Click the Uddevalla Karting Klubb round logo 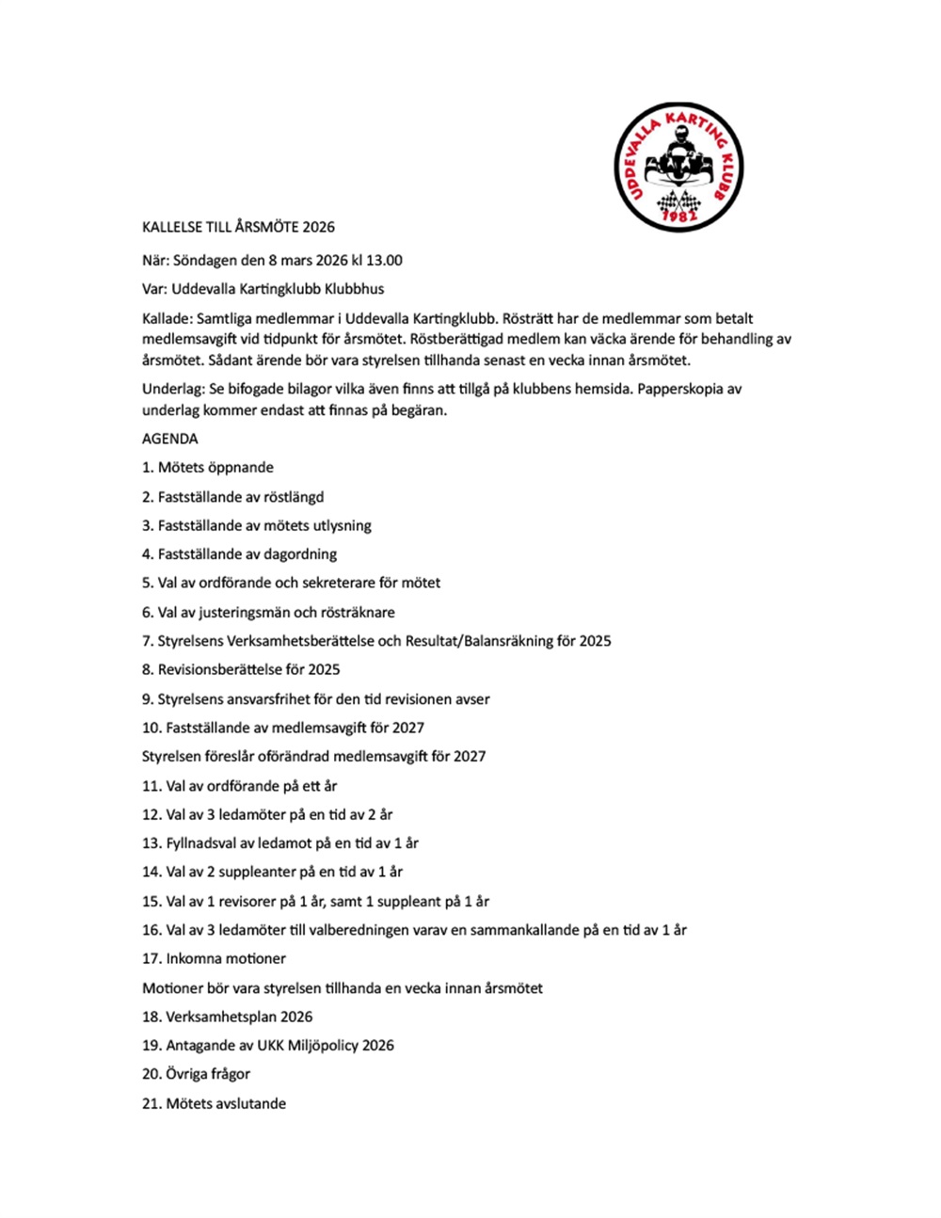678,167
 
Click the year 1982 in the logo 679,216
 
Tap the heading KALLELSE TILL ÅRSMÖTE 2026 238,227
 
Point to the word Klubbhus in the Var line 354,289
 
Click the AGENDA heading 170,439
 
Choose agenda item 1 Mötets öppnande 208,468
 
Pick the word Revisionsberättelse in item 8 217,669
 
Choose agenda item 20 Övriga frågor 196,1074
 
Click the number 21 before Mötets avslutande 151,1103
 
